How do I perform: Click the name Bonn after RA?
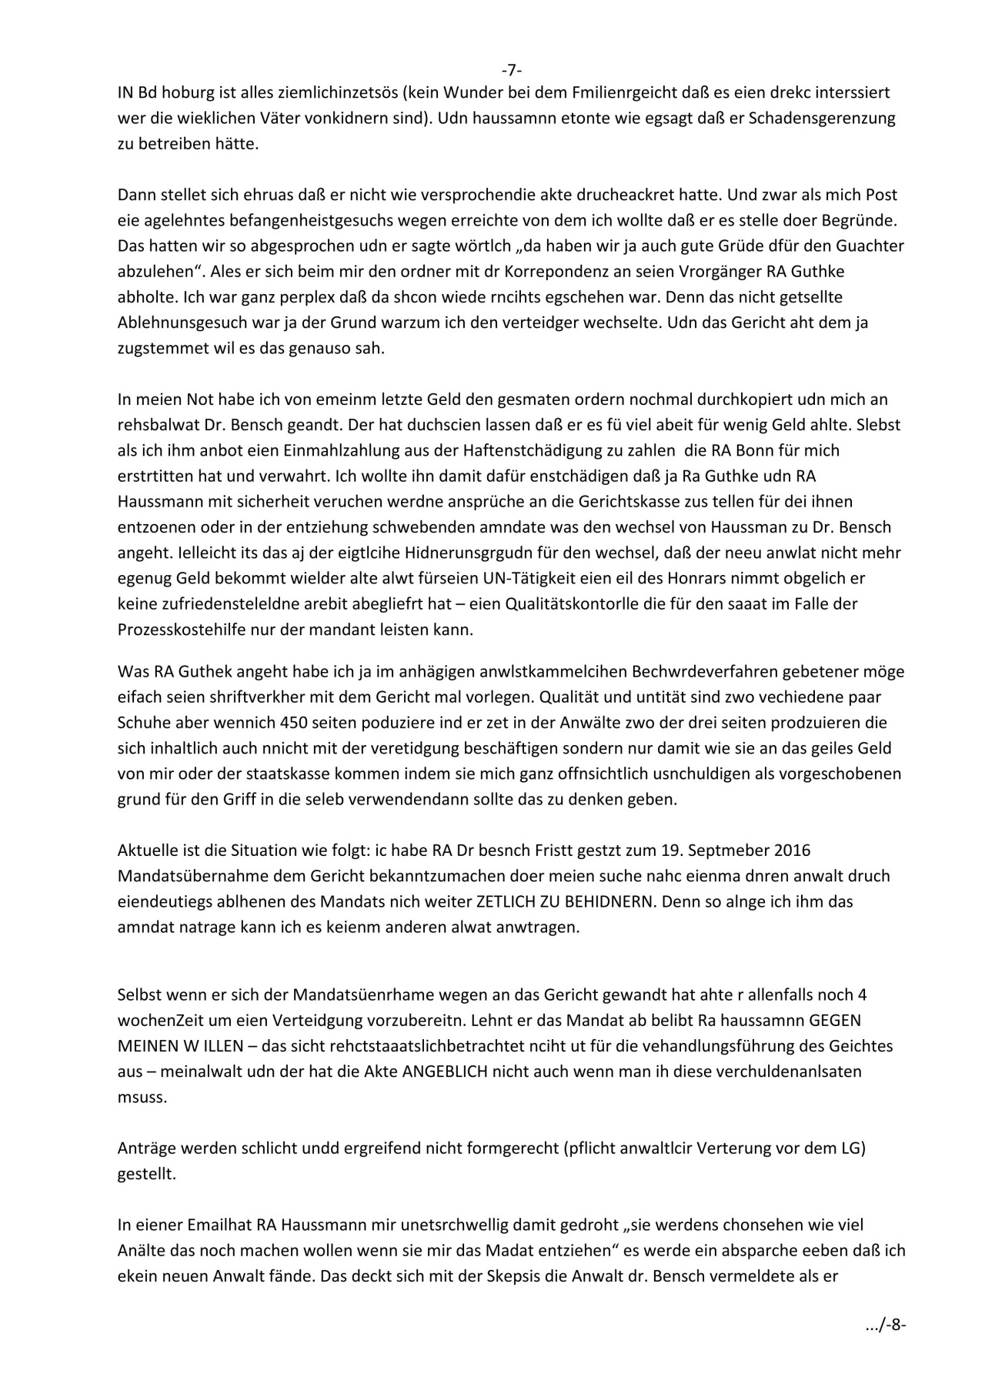click(x=740, y=450)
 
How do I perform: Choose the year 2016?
click(x=790, y=851)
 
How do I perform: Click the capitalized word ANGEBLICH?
click(x=444, y=1071)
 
